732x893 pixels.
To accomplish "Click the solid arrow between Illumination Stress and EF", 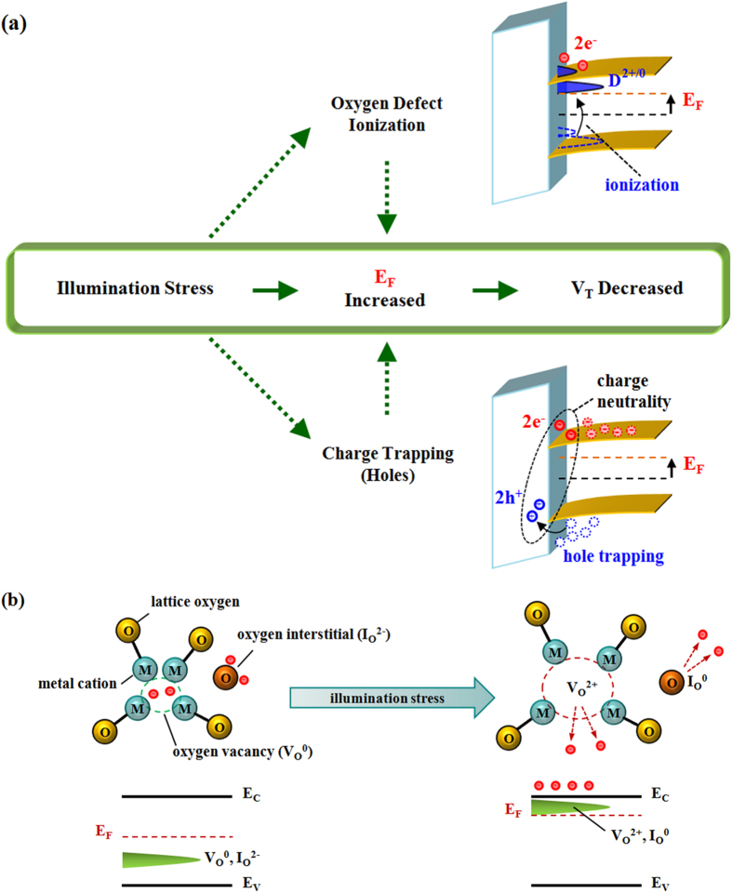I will pos(274,289).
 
